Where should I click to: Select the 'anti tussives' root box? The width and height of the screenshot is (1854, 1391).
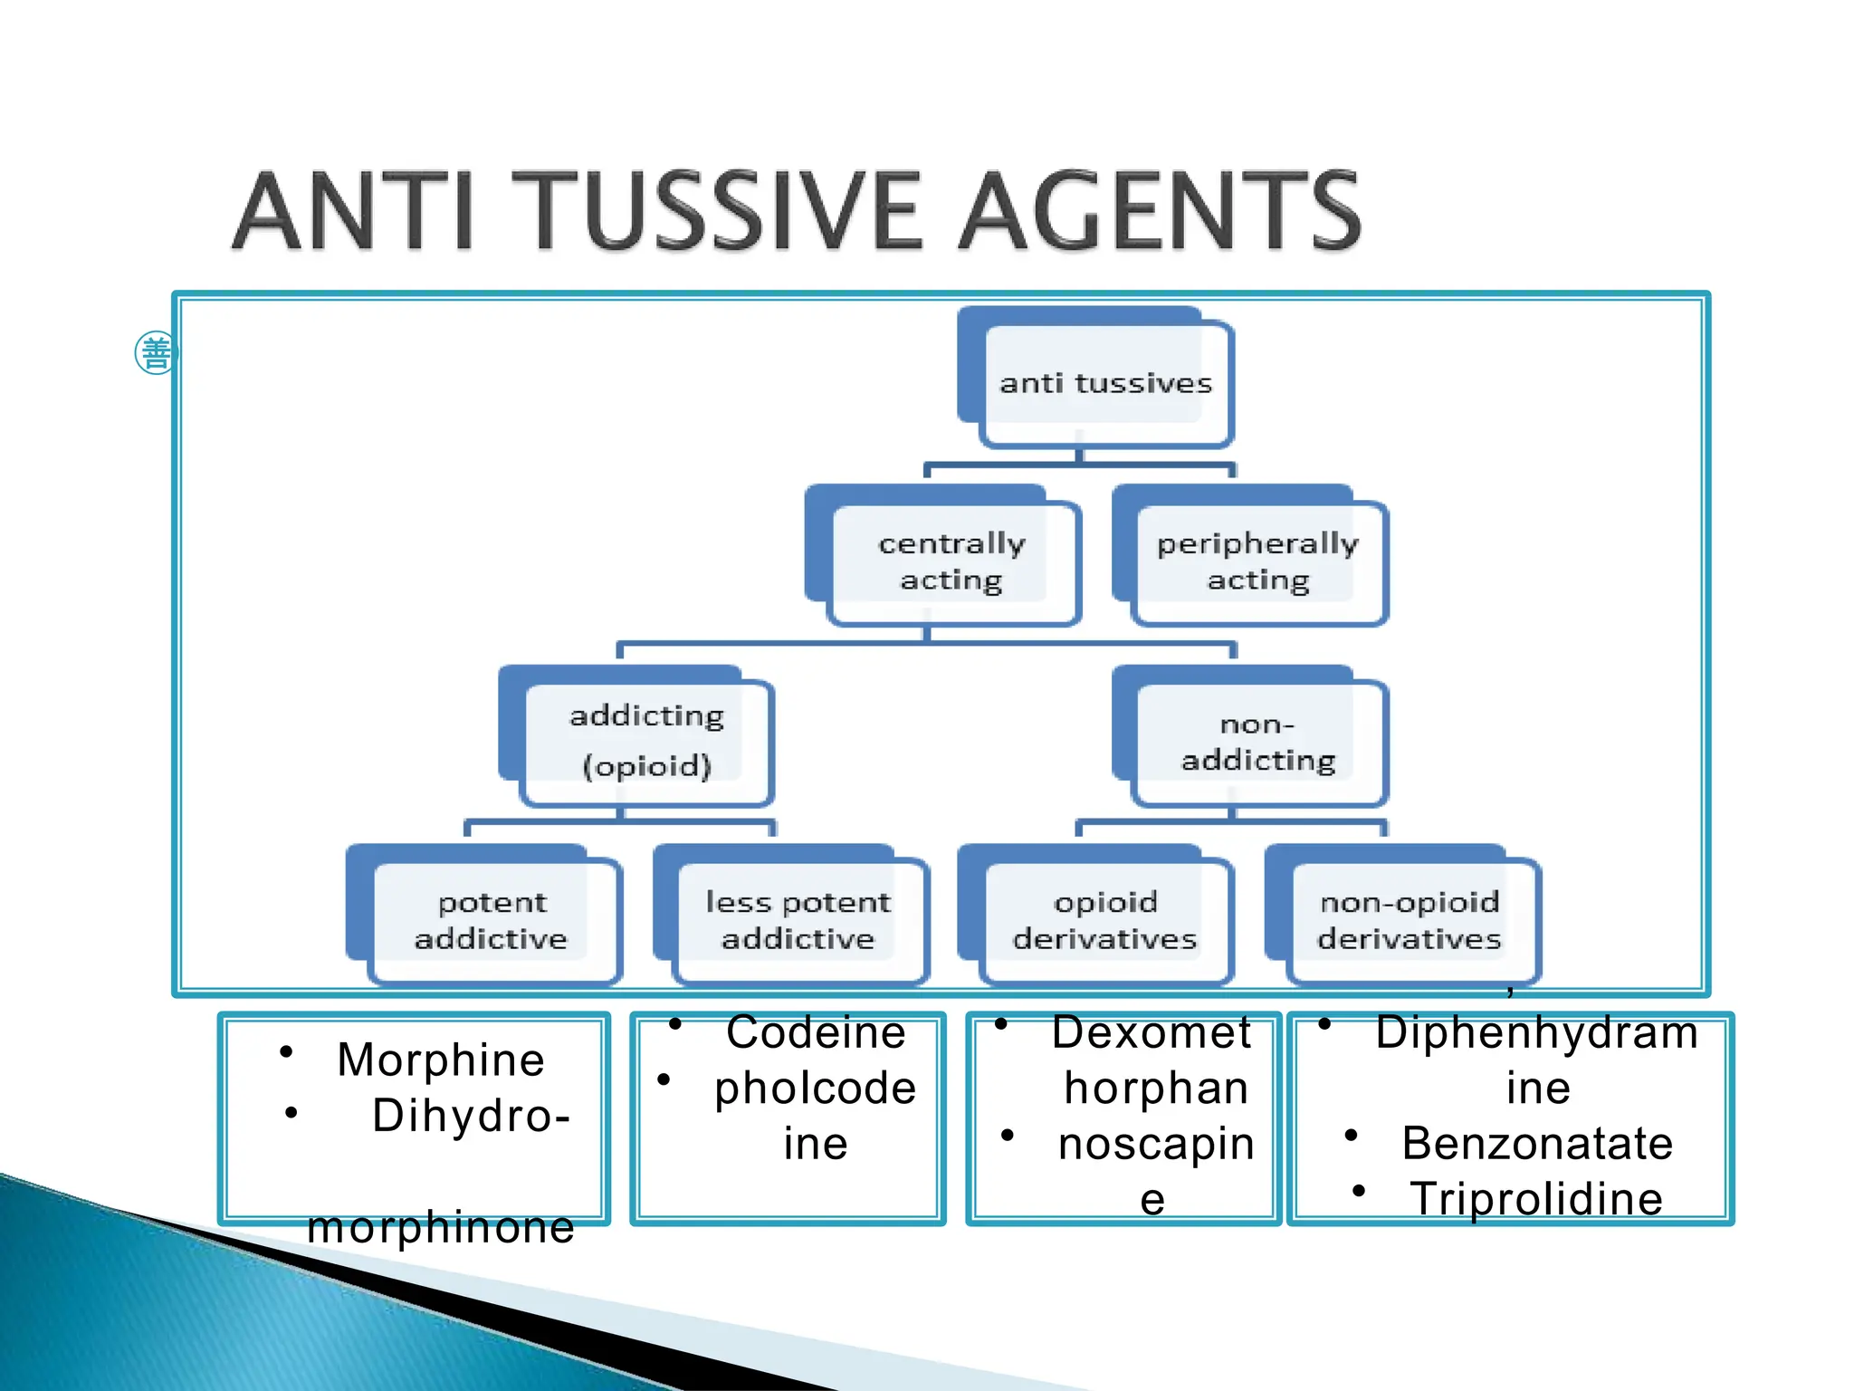point(1104,384)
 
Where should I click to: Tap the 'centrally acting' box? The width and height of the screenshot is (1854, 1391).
point(951,561)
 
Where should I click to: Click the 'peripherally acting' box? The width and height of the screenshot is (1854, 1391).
point(1257,561)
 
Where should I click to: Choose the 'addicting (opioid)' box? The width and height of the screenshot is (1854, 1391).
point(645,741)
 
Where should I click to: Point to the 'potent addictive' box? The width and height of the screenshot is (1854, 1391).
point(492,920)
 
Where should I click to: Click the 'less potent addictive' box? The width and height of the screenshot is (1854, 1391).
point(798,920)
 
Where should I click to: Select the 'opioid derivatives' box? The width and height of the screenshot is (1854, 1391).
point(1104,920)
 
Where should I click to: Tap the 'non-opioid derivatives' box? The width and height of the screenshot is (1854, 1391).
point(1410,920)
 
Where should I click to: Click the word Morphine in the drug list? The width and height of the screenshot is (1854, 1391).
point(441,1060)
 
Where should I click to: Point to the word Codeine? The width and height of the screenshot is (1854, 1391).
point(816,1032)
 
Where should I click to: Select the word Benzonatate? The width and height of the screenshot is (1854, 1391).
point(1537,1143)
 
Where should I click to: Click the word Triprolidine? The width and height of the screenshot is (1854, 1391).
point(1536,1199)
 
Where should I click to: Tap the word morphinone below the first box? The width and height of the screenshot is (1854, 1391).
point(441,1228)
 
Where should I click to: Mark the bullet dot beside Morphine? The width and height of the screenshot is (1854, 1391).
point(286,1051)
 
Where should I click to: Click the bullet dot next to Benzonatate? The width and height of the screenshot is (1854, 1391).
point(1352,1135)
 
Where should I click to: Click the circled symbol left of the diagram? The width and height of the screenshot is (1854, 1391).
point(156,352)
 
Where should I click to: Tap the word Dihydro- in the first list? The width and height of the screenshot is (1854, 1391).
point(472,1116)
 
